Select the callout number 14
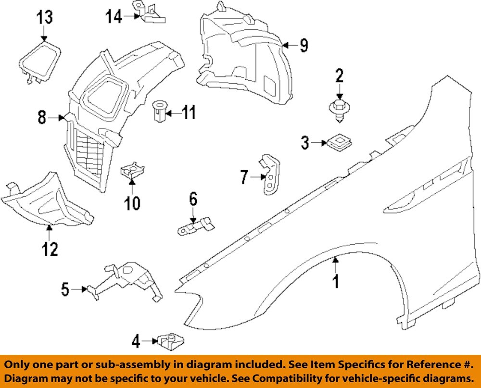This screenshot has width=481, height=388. tap(114, 17)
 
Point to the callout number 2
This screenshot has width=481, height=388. tap(339, 75)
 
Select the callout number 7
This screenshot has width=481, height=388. tap(244, 178)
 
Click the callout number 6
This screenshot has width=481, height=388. tap(193, 199)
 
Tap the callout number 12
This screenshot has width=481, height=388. tap(50, 249)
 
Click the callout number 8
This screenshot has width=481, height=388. tap(42, 117)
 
